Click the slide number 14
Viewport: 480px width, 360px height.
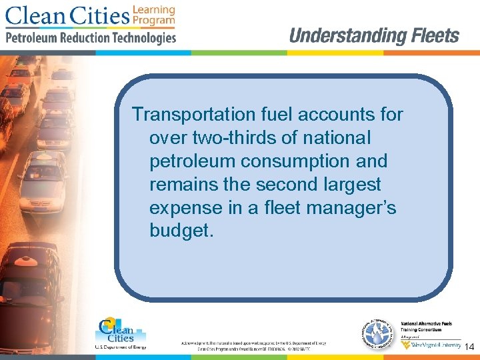(469, 347)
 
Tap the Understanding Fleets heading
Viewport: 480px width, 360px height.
(374, 36)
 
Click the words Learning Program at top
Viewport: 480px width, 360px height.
(153, 15)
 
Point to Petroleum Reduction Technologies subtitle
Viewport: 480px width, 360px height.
(91, 38)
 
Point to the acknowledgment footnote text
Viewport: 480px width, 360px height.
(253, 345)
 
